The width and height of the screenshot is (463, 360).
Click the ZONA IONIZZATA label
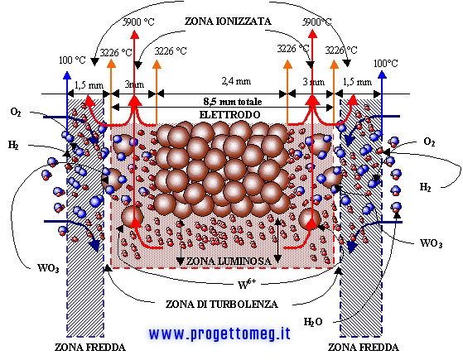pyautogui.click(x=228, y=22)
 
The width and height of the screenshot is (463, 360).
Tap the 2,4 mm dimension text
pyautogui.click(x=236, y=81)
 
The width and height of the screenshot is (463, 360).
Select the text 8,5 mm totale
pyautogui.click(x=233, y=102)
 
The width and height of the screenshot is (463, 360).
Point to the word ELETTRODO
pyautogui.click(x=229, y=114)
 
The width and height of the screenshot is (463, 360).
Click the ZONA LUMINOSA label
pyautogui.click(x=229, y=261)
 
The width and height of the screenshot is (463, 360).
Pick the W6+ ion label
pyautogui.click(x=247, y=284)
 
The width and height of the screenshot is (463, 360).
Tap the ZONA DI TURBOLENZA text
pyautogui.click(x=221, y=304)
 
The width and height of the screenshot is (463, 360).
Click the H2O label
pyautogui.click(x=313, y=322)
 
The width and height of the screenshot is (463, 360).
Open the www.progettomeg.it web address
pyautogui.click(x=219, y=334)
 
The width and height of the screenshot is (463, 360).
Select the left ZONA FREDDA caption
pyautogui.click(x=90, y=348)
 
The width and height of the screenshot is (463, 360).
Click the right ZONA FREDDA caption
pyautogui.click(x=364, y=348)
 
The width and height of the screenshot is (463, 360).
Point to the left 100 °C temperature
pyautogui.click(x=72, y=60)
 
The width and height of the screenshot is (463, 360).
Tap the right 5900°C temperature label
pyautogui.click(x=316, y=22)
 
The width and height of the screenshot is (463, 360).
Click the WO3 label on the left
pyautogui.click(x=48, y=268)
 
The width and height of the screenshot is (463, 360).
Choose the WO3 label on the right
pyautogui.click(x=431, y=243)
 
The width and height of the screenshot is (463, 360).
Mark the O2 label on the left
pyautogui.click(x=16, y=112)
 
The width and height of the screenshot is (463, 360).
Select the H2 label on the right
pyautogui.click(x=425, y=187)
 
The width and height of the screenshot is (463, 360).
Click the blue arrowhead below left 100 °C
pyautogui.click(x=67, y=75)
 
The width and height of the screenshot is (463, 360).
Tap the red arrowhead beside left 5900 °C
pyautogui.click(x=135, y=35)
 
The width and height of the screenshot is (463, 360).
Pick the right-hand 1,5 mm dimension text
pyautogui.click(x=357, y=82)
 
